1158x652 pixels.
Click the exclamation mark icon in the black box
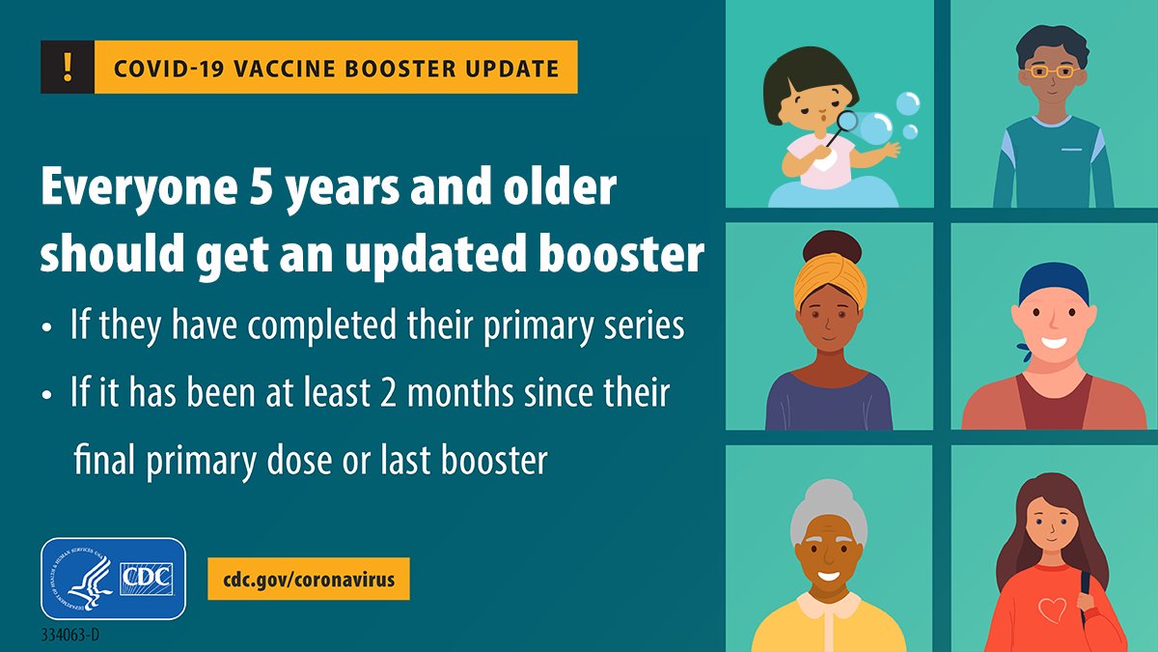tap(68, 68)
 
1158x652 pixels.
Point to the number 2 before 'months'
tap(387, 393)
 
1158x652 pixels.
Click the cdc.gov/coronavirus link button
tap(309, 579)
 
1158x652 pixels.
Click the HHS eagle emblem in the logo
tap(83, 579)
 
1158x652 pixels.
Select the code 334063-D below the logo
tap(69, 635)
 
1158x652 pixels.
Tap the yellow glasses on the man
tap(1052, 71)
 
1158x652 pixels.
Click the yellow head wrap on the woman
tap(830, 282)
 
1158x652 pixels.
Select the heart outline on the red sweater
tap(1053, 609)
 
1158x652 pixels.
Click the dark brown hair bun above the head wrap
tap(832, 247)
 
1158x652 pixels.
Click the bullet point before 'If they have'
tap(47, 327)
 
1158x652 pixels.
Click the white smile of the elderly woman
tap(828, 576)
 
